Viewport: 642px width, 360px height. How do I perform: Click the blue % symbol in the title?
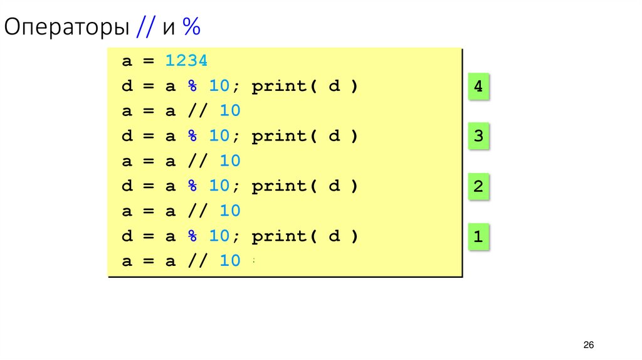click(x=191, y=28)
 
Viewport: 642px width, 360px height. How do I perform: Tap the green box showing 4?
click(x=478, y=87)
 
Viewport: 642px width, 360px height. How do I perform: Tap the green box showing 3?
click(x=478, y=137)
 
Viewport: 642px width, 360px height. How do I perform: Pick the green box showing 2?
click(x=478, y=187)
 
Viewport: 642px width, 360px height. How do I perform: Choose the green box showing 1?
click(x=478, y=238)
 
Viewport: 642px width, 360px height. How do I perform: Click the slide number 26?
click(x=588, y=346)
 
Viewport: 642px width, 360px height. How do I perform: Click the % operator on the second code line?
click(x=192, y=86)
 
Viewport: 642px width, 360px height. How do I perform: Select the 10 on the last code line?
click(x=229, y=262)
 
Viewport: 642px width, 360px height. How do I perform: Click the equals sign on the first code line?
click(x=148, y=61)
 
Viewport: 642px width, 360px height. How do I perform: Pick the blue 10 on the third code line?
click(x=229, y=111)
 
